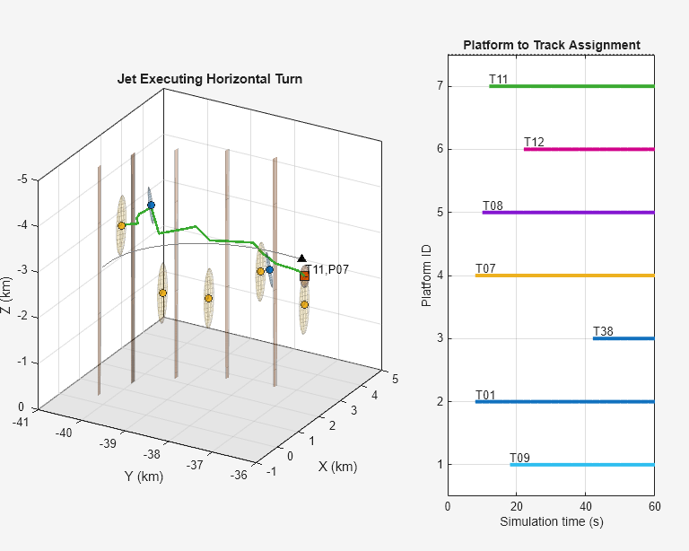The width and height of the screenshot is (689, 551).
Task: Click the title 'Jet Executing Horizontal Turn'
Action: click(x=210, y=79)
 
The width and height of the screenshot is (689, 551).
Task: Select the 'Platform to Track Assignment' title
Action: click(x=551, y=45)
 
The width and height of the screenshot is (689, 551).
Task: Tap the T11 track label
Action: click(x=499, y=80)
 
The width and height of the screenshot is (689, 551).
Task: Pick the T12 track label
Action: click(x=534, y=143)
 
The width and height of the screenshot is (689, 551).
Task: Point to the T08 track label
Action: click(x=493, y=206)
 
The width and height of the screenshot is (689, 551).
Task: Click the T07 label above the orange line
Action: click(x=485, y=269)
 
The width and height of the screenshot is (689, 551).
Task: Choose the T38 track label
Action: click(x=603, y=332)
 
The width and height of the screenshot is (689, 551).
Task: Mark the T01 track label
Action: click(x=485, y=396)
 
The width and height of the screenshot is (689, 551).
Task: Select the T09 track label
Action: click(x=519, y=459)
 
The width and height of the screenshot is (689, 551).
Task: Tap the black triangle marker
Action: click(x=302, y=258)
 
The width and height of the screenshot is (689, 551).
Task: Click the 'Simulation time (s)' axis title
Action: click(x=551, y=521)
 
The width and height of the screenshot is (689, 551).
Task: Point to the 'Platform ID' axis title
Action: click(x=426, y=275)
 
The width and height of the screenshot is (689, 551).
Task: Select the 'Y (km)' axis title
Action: click(x=144, y=477)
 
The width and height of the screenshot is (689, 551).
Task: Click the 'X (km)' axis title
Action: click(x=337, y=467)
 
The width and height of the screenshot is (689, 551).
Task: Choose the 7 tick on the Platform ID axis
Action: click(x=440, y=86)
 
